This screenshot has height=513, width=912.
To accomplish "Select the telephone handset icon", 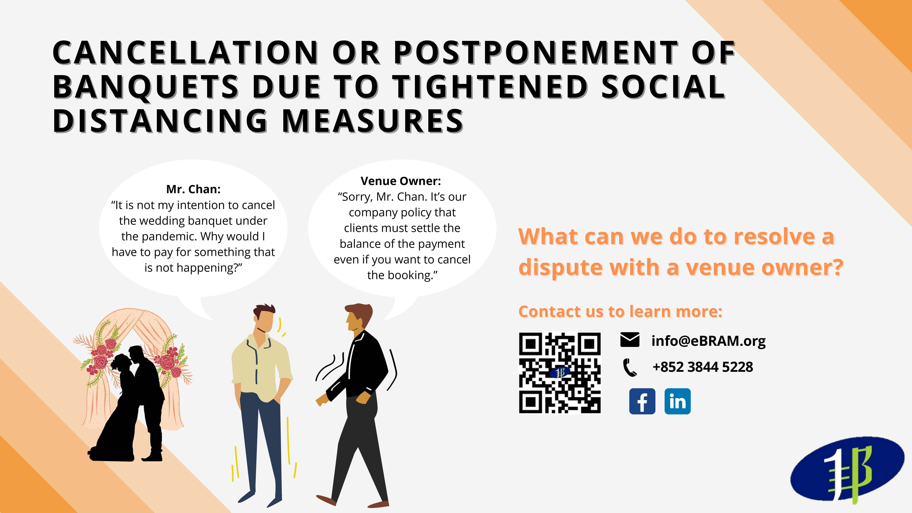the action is click(x=629, y=367).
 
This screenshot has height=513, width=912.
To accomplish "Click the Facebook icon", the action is click(x=642, y=401).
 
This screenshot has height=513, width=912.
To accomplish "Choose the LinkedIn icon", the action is click(x=678, y=401).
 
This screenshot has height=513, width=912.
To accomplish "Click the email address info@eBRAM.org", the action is click(x=708, y=341).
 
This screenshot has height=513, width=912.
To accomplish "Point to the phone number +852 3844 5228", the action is click(x=703, y=367).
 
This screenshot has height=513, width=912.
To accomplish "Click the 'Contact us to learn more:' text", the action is click(x=620, y=312).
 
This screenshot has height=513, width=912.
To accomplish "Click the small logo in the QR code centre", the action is click(x=560, y=372).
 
